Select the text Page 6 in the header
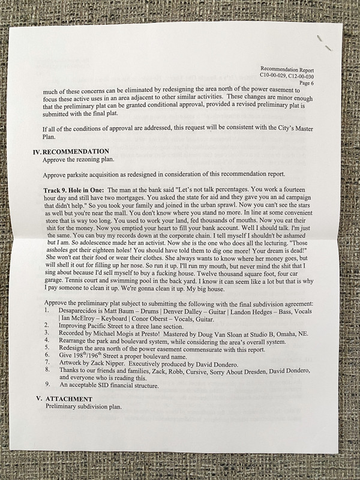(x=322, y=83)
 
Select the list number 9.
(x=47, y=385)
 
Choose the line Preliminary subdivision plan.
(x=84, y=406)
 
